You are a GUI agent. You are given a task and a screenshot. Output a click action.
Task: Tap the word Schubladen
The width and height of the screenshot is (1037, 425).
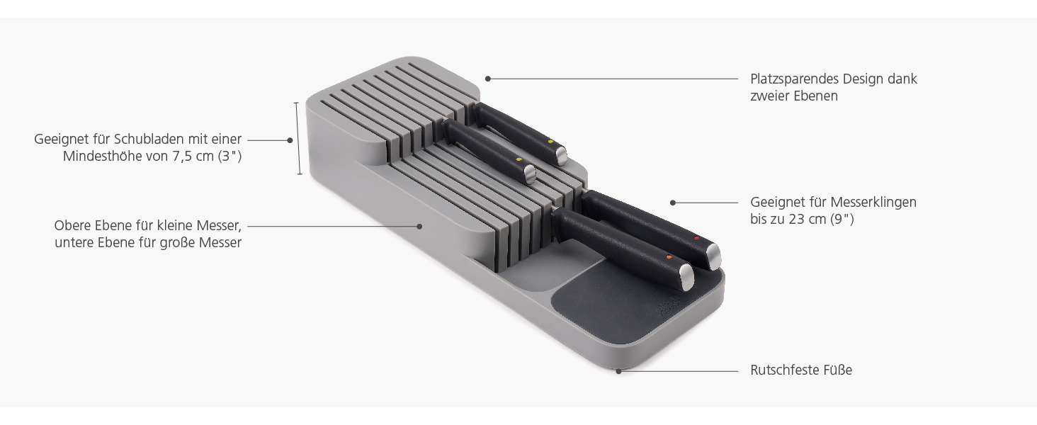pyautogui.click(x=147, y=139)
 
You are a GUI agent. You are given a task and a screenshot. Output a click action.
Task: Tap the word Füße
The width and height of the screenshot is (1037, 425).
pyautogui.click(x=837, y=370)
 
